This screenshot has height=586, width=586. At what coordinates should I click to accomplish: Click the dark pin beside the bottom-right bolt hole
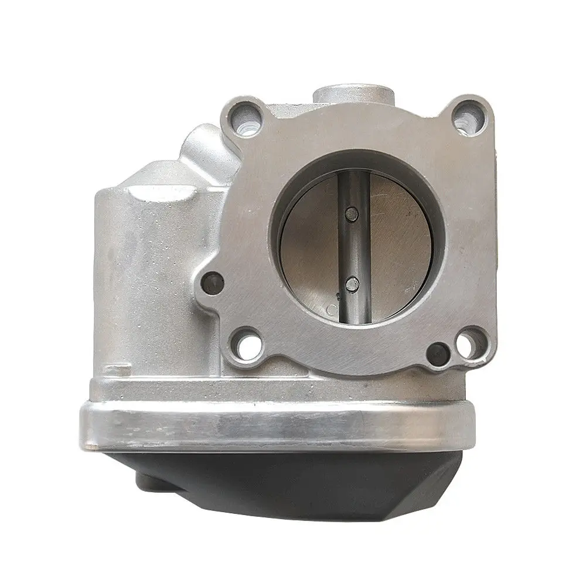(437, 353)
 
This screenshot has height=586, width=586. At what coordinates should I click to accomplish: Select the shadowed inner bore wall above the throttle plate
(352, 167)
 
